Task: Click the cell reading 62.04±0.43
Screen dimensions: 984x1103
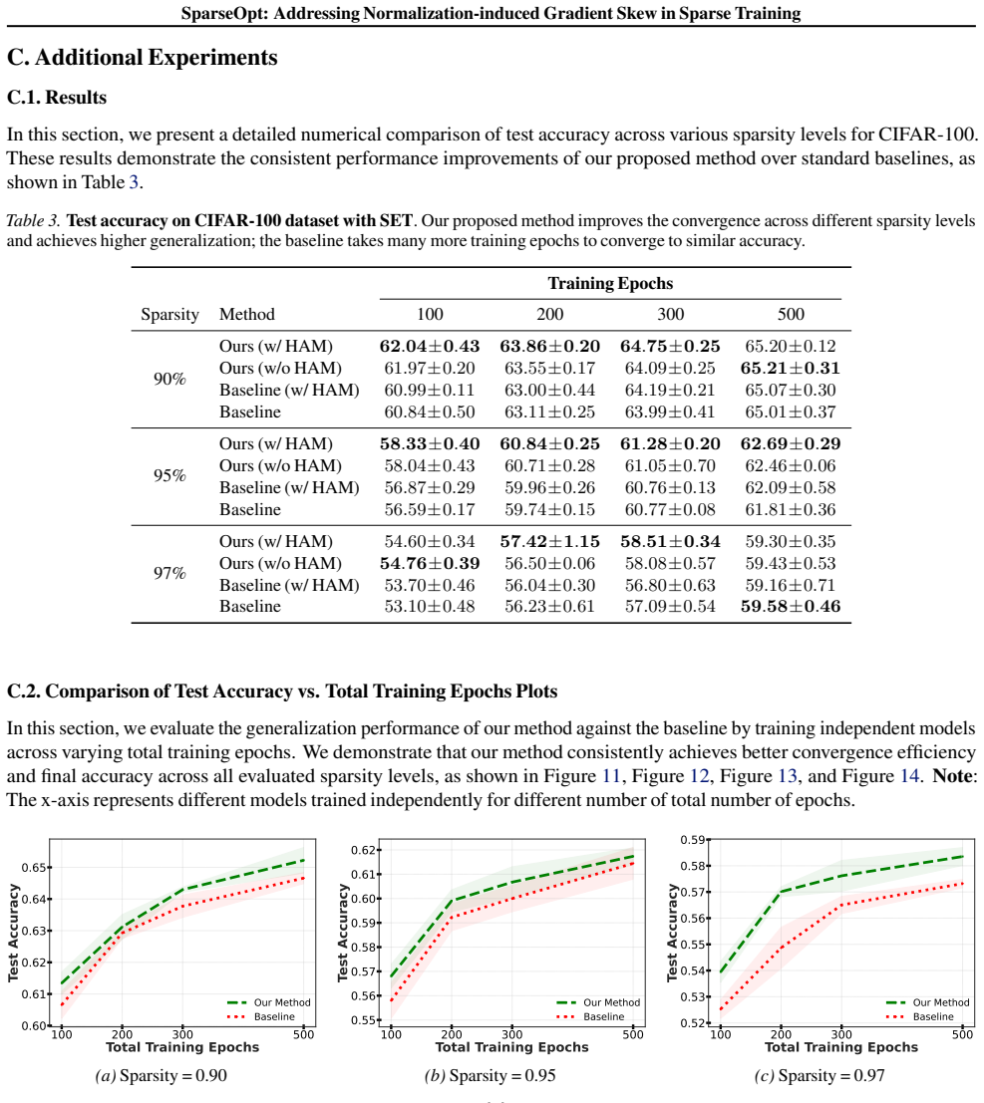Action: (x=430, y=346)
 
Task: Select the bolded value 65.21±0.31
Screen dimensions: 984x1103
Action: (x=791, y=368)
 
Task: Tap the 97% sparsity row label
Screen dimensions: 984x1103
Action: (x=169, y=573)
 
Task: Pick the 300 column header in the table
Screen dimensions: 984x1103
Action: (x=670, y=315)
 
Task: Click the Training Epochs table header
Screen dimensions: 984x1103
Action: (x=610, y=284)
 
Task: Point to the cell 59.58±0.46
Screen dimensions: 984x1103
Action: (x=791, y=607)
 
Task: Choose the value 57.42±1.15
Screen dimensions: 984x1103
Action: (x=549, y=542)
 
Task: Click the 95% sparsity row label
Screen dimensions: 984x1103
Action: (x=169, y=476)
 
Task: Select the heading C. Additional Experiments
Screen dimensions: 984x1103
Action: (x=143, y=58)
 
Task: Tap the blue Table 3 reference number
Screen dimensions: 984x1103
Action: (x=134, y=182)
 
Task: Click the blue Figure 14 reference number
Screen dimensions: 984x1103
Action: (x=910, y=776)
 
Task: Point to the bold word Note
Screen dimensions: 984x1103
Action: (x=952, y=776)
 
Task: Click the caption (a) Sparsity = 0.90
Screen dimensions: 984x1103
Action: (x=162, y=1075)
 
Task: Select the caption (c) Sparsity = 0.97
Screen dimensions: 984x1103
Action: (x=820, y=1075)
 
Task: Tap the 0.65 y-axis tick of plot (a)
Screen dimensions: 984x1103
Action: (x=34, y=867)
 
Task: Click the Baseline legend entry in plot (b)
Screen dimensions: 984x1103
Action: (x=603, y=1016)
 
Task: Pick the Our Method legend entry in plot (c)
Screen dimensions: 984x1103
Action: (x=940, y=1002)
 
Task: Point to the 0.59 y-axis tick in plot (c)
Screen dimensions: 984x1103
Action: (x=693, y=840)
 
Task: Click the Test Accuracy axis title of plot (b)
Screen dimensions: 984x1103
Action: (x=343, y=933)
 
